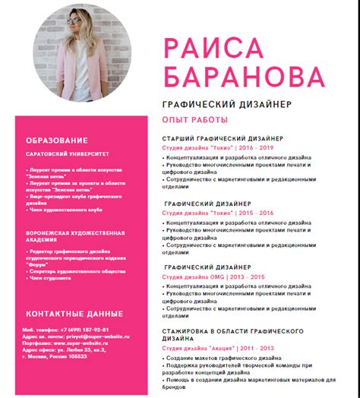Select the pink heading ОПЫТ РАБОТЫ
point(194,121)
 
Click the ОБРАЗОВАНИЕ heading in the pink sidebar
point(56,141)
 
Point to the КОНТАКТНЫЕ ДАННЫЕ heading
point(74,314)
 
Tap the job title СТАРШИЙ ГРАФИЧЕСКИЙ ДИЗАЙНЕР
point(223,139)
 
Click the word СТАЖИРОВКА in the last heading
point(189,332)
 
